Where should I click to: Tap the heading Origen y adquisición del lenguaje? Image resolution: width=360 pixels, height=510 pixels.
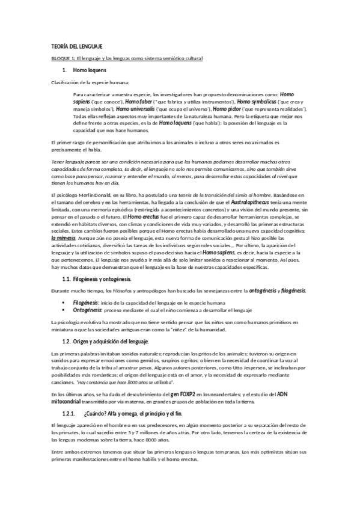click(114, 341)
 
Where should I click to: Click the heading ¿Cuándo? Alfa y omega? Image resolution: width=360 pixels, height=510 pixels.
click(131, 414)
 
